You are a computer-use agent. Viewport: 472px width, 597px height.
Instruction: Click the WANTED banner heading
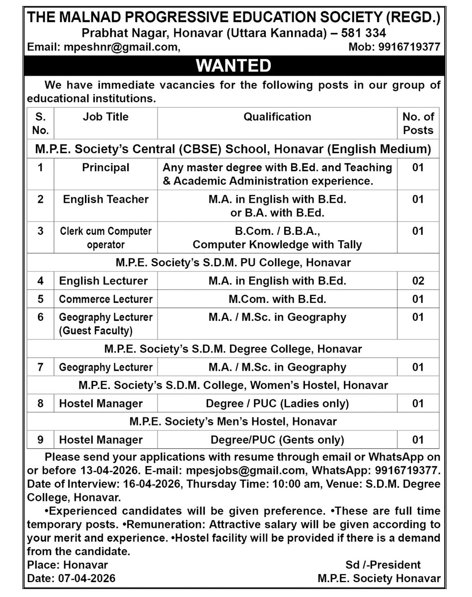[234, 66]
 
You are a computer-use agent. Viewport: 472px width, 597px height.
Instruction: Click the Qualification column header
[277, 117]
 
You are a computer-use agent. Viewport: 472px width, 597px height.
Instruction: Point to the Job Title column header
[105, 117]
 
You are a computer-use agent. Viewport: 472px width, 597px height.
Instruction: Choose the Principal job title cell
[105, 168]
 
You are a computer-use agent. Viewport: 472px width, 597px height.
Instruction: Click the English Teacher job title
[105, 199]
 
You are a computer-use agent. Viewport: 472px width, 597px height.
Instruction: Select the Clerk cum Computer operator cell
[105, 238]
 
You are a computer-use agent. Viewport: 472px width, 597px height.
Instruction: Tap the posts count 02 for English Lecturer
[418, 281]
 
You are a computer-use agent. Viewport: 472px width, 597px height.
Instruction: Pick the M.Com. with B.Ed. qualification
[277, 299]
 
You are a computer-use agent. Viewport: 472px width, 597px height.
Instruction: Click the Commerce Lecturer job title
[105, 299]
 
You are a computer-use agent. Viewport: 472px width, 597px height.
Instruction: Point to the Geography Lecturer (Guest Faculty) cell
[105, 323]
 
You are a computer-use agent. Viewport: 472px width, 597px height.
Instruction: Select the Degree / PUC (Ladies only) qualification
[277, 403]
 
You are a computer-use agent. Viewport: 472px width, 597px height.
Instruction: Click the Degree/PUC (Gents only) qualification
[277, 440]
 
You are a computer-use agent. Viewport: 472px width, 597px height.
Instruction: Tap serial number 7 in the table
[40, 367]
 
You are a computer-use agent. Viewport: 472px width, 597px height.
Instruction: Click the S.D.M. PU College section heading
[234, 262]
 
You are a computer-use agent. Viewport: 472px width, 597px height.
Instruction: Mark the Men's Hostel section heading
[234, 422]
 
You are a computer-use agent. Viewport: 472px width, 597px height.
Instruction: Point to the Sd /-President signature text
[383, 565]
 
